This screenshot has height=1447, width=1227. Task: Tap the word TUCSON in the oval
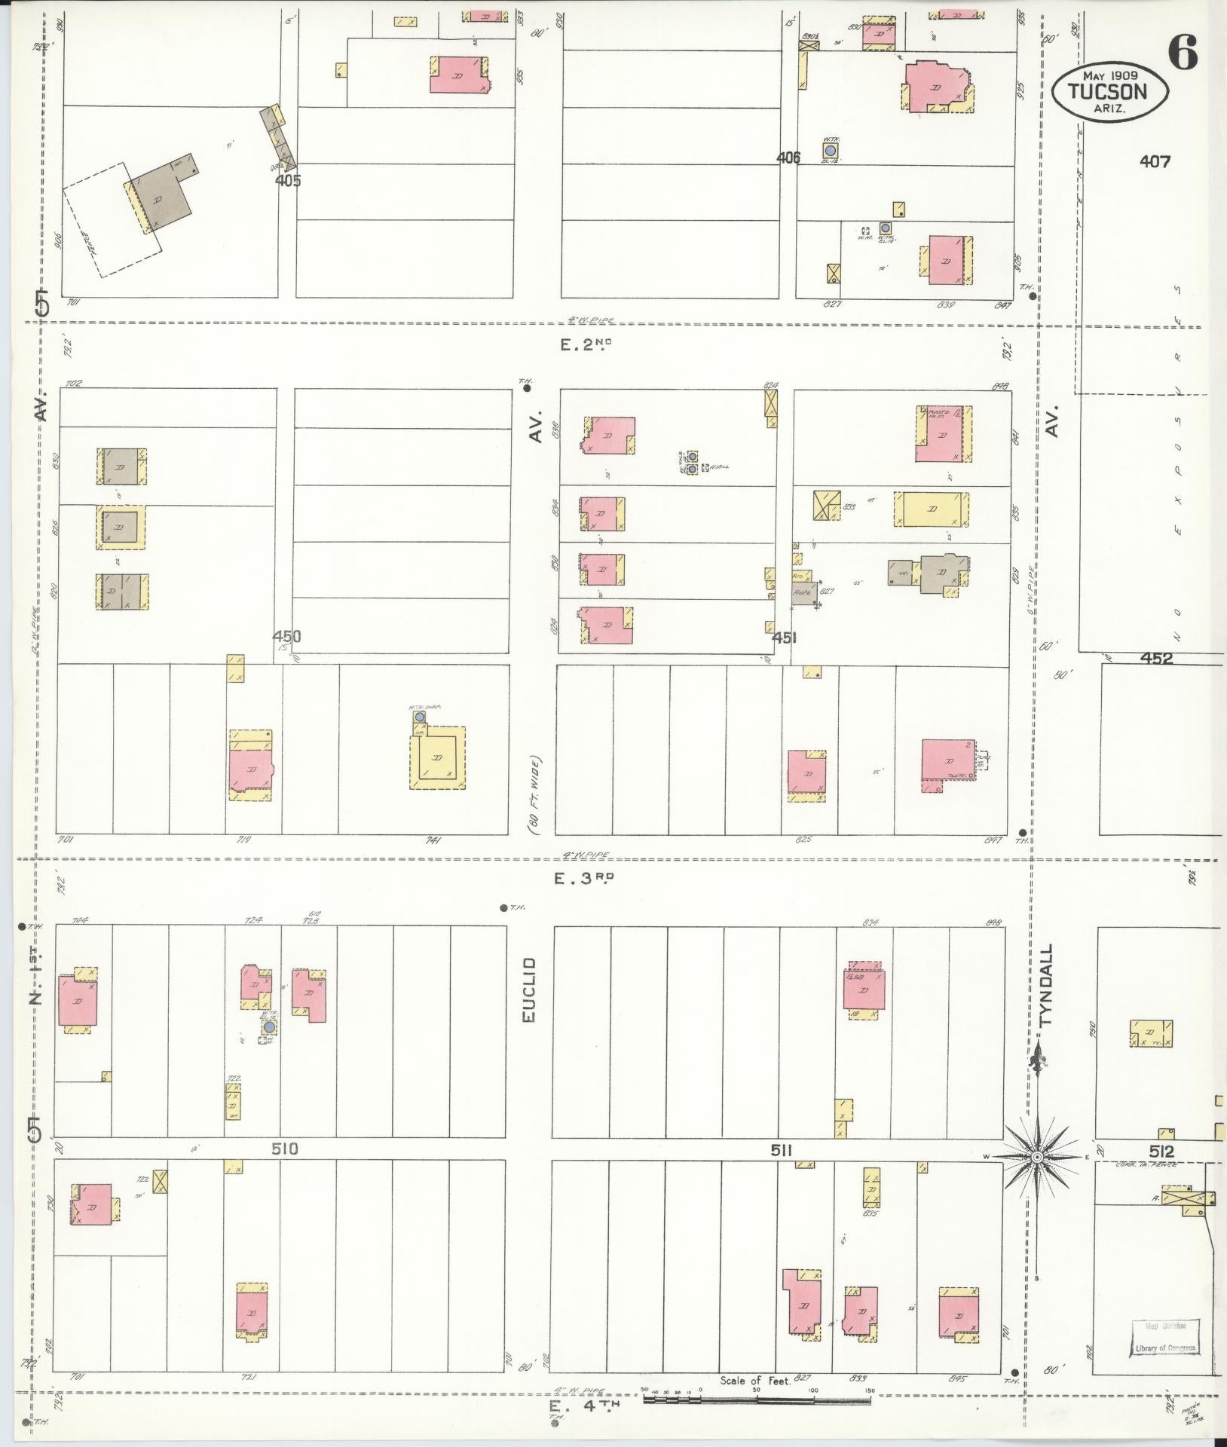(x=1110, y=92)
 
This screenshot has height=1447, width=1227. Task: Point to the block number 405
(x=288, y=180)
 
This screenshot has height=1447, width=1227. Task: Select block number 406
(x=788, y=158)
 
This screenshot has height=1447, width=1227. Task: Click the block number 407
(x=1155, y=161)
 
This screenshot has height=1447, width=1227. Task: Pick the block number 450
(x=286, y=637)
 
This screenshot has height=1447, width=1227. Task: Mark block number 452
(x=1156, y=658)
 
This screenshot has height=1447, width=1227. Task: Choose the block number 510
(x=285, y=1170)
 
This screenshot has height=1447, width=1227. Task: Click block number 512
(x=1161, y=1173)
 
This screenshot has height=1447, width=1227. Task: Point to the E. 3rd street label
(x=585, y=877)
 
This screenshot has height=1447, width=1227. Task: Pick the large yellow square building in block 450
(x=437, y=757)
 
